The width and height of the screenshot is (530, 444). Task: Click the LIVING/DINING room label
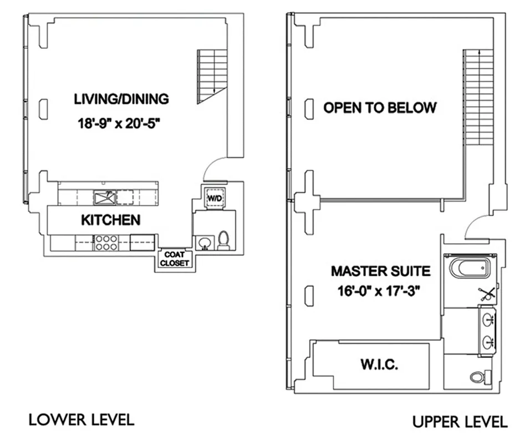[121, 99]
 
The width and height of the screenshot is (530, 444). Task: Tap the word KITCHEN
[111, 220]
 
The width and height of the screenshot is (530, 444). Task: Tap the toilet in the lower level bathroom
[223, 241]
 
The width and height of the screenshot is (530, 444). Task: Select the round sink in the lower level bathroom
[203, 243]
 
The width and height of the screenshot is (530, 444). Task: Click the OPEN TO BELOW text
[380, 108]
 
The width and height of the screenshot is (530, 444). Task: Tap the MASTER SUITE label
[380, 271]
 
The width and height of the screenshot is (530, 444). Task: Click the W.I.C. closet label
[380, 365]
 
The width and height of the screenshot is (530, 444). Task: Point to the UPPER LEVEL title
[460, 422]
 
